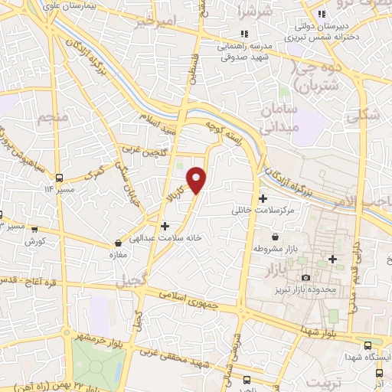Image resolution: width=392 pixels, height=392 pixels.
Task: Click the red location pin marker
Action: (x=197, y=179)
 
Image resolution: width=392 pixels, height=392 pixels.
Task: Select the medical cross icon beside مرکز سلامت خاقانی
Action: (x=263, y=198)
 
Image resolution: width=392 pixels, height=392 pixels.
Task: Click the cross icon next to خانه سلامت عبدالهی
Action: (x=165, y=226)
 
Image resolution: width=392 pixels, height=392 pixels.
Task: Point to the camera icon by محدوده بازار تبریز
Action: (x=307, y=277)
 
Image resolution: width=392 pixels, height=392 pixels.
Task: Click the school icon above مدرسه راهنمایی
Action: (x=243, y=33)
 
